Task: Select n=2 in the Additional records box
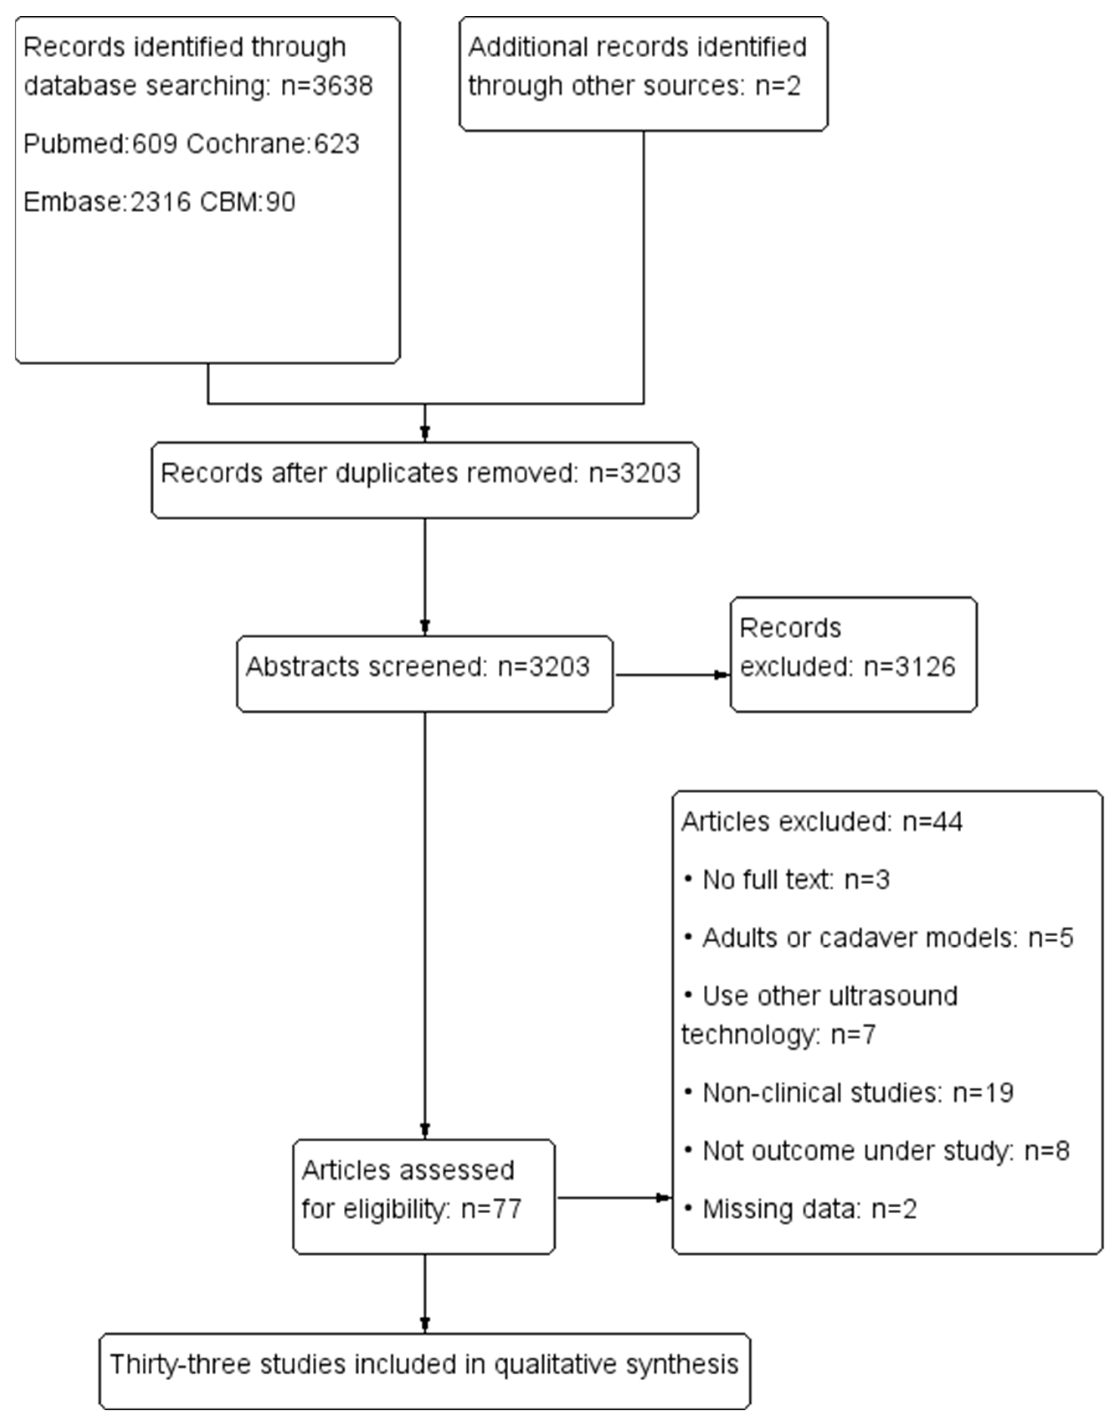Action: click(x=778, y=86)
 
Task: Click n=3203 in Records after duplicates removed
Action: click(x=634, y=473)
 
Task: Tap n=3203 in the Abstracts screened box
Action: click(x=544, y=667)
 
